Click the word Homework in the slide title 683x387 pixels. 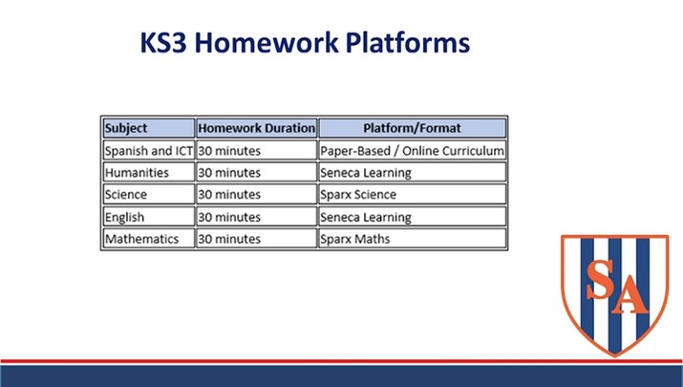click(267, 42)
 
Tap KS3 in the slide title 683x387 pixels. click(163, 42)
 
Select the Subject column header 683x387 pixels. click(148, 128)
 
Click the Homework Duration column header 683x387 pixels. click(257, 128)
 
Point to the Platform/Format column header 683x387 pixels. click(412, 128)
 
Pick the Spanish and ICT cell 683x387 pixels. click(148, 150)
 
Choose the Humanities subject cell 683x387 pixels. click(148, 173)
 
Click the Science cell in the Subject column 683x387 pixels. click(148, 194)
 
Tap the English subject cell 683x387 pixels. click(148, 217)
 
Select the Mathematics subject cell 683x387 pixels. click(148, 238)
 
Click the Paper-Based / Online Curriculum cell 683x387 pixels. click(412, 150)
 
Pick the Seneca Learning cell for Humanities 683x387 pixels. click(412, 173)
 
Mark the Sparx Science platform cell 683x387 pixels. click(412, 194)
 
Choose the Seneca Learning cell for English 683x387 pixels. click(412, 217)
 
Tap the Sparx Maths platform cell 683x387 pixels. click(412, 238)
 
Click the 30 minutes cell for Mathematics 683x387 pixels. click(257, 238)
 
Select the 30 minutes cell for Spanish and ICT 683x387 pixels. click(257, 150)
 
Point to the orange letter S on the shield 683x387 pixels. click(601, 279)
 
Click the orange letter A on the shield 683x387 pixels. click(630, 294)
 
